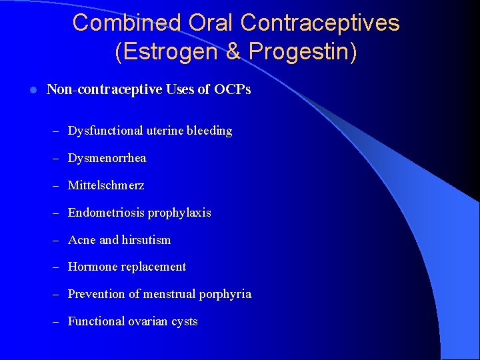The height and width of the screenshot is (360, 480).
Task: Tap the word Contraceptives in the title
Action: coord(320,23)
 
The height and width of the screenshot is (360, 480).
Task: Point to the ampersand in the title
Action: coord(233,52)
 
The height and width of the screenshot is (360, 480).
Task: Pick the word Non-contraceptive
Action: coord(104,89)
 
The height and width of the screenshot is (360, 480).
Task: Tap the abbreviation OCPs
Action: coord(233,89)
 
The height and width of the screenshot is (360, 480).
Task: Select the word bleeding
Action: coord(208,131)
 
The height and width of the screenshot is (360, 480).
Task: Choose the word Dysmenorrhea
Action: coord(107,158)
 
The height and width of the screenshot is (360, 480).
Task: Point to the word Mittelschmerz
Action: coord(106,185)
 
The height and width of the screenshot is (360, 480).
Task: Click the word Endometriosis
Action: coord(106,213)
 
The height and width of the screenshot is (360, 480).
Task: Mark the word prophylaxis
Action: coord(179,213)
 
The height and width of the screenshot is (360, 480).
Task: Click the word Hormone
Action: coord(93,267)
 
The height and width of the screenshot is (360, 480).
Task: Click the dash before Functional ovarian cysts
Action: coord(57,321)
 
